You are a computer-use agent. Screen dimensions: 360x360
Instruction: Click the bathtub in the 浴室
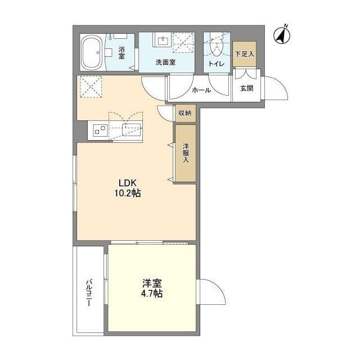[92, 52]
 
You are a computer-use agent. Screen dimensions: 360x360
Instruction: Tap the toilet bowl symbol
[217, 47]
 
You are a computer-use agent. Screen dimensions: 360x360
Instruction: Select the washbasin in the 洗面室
[163, 41]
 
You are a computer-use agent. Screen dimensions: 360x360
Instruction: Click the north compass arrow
[282, 35]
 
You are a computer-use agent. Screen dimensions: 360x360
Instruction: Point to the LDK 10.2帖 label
[128, 188]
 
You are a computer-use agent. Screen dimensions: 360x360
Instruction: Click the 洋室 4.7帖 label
[152, 288]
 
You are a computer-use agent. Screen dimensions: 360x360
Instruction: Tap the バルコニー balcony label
[89, 292]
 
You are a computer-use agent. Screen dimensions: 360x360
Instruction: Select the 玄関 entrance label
[246, 88]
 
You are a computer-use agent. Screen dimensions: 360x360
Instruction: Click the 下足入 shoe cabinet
[244, 54]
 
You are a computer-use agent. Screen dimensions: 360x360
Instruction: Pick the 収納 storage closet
[186, 113]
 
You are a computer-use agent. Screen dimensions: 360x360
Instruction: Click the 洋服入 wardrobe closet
[186, 153]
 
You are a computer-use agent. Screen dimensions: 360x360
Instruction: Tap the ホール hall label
[201, 90]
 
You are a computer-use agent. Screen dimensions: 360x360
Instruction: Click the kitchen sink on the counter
[131, 130]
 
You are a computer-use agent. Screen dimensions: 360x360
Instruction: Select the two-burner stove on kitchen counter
[100, 130]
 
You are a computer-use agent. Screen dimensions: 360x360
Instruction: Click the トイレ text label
[216, 64]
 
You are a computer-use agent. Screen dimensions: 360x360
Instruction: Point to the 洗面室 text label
[165, 62]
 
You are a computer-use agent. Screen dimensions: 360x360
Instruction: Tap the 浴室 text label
[121, 53]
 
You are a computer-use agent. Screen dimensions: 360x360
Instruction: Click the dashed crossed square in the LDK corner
[91, 87]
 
